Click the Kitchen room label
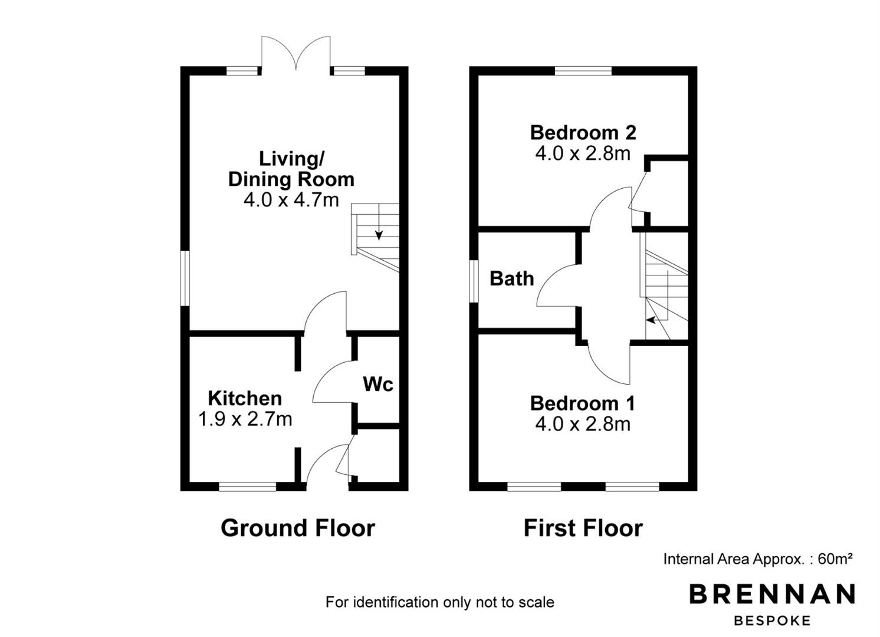click(245, 399)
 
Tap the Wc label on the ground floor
click(378, 384)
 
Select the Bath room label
click(512, 278)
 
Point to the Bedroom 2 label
click(583, 133)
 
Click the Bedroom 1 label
click(583, 403)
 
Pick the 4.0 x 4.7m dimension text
click(291, 200)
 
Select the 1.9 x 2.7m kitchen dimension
click(245, 419)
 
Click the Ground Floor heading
click(298, 528)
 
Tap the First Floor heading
click(583, 528)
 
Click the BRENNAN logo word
click(772, 594)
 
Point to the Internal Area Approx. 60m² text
click(758, 559)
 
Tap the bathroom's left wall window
click(474, 281)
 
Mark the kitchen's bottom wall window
click(248, 487)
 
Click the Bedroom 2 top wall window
click(583, 71)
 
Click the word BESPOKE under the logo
click(772, 621)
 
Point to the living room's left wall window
click(185, 278)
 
